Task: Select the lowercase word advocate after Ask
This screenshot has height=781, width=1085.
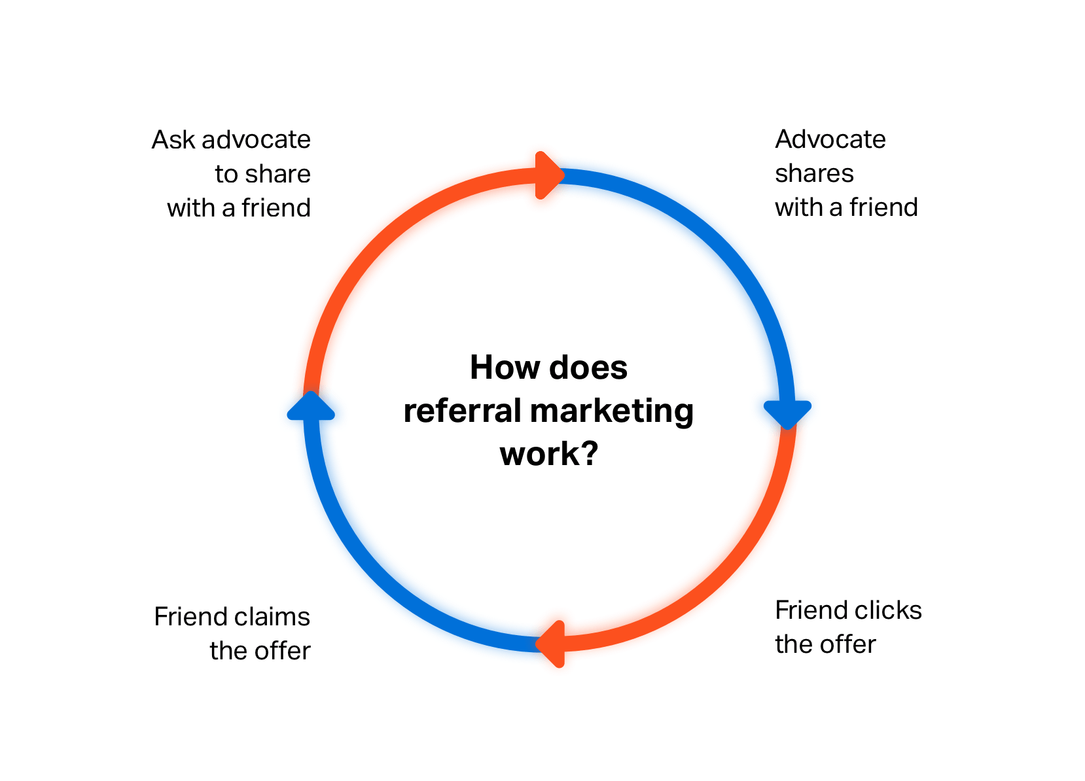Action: (257, 140)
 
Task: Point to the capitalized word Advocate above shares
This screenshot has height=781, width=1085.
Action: (830, 139)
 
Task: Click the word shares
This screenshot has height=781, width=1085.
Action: (814, 173)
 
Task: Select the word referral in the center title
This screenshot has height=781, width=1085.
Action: (463, 411)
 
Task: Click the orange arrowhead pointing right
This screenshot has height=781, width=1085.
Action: (550, 175)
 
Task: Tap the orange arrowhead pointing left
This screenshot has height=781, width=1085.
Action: (550, 644)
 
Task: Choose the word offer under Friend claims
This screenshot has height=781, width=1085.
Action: (283, 651)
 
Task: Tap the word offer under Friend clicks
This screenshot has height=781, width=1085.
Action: (848, 644)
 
